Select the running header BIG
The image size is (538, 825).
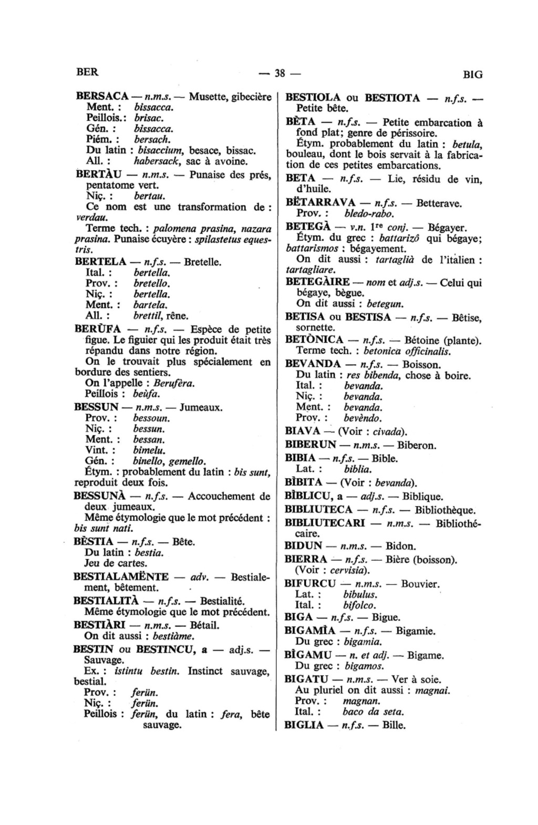click(473, 75)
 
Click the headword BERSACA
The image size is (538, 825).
click(102, 97)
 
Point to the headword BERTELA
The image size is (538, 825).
click(100, 261)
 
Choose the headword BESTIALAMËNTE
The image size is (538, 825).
click(121, 576)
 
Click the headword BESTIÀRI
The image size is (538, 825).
click(99, 625)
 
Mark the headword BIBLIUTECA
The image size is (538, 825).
click(318, 509)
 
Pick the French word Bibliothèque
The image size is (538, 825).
click(445, 509)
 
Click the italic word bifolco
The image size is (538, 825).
click(359, 605)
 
